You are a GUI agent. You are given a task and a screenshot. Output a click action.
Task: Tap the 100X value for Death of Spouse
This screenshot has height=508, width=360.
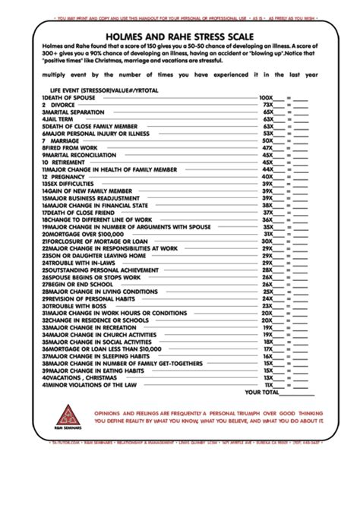tap(265, 98)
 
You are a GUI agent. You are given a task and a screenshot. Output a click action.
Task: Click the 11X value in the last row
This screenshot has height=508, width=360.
tap(267, 383)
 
